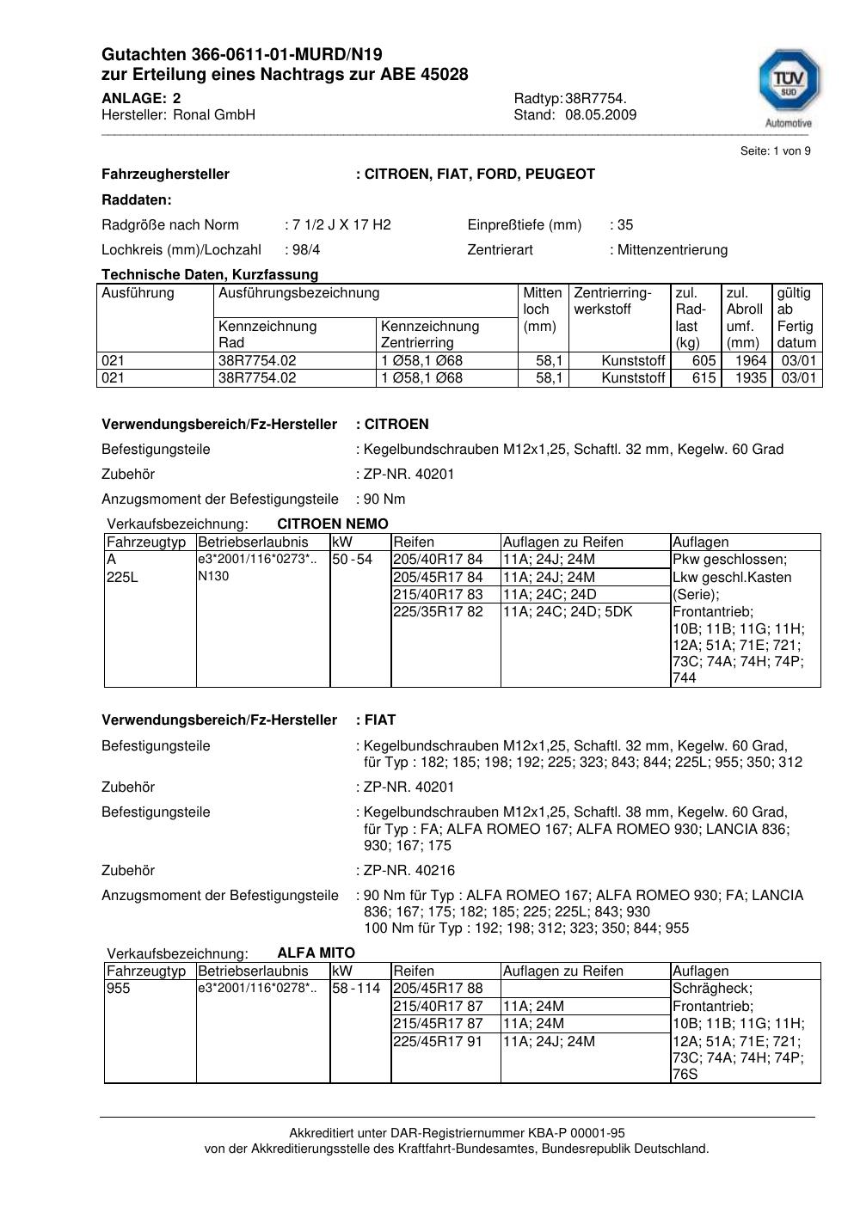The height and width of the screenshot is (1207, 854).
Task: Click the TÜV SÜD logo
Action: click(788, 84)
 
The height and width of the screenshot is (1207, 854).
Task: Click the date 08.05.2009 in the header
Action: click(600, 115)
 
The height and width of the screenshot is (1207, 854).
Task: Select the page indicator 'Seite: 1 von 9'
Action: click(775, 151)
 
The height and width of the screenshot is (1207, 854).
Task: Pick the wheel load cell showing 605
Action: click(703, 361)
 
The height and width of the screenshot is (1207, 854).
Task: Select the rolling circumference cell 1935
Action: click(750, 378)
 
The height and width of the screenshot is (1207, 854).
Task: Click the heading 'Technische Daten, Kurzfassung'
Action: click(210, 275)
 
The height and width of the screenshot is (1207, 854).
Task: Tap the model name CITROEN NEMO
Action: click(333, 524)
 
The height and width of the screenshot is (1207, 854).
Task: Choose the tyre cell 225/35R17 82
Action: click(439, 612)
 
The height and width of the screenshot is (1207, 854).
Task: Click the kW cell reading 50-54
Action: click(352, 560)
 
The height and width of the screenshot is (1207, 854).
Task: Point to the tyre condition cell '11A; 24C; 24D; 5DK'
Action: click(568, 612)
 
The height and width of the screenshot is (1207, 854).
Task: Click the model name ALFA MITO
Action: click(316, 953)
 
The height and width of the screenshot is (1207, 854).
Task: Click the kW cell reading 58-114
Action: click(355, 989)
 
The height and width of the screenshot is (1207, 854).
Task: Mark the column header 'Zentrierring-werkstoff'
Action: click(613, 301)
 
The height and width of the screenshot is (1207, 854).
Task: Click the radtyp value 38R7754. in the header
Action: click(596, 99)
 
